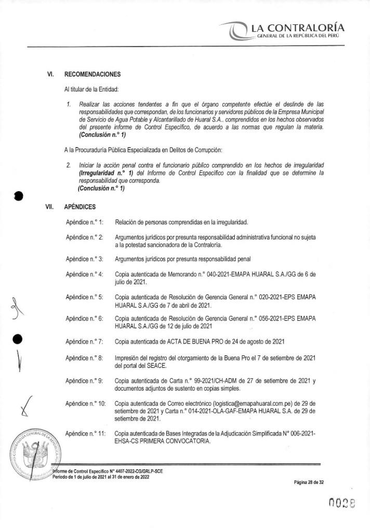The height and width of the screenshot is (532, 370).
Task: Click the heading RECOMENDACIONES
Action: click(92, 74)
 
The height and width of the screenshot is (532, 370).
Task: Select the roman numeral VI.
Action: click(51, 74)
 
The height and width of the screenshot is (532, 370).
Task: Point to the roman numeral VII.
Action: click(50, 206)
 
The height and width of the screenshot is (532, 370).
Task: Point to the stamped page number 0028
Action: click(342, 503)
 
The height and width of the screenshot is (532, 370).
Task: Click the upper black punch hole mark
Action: click(19, 196)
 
